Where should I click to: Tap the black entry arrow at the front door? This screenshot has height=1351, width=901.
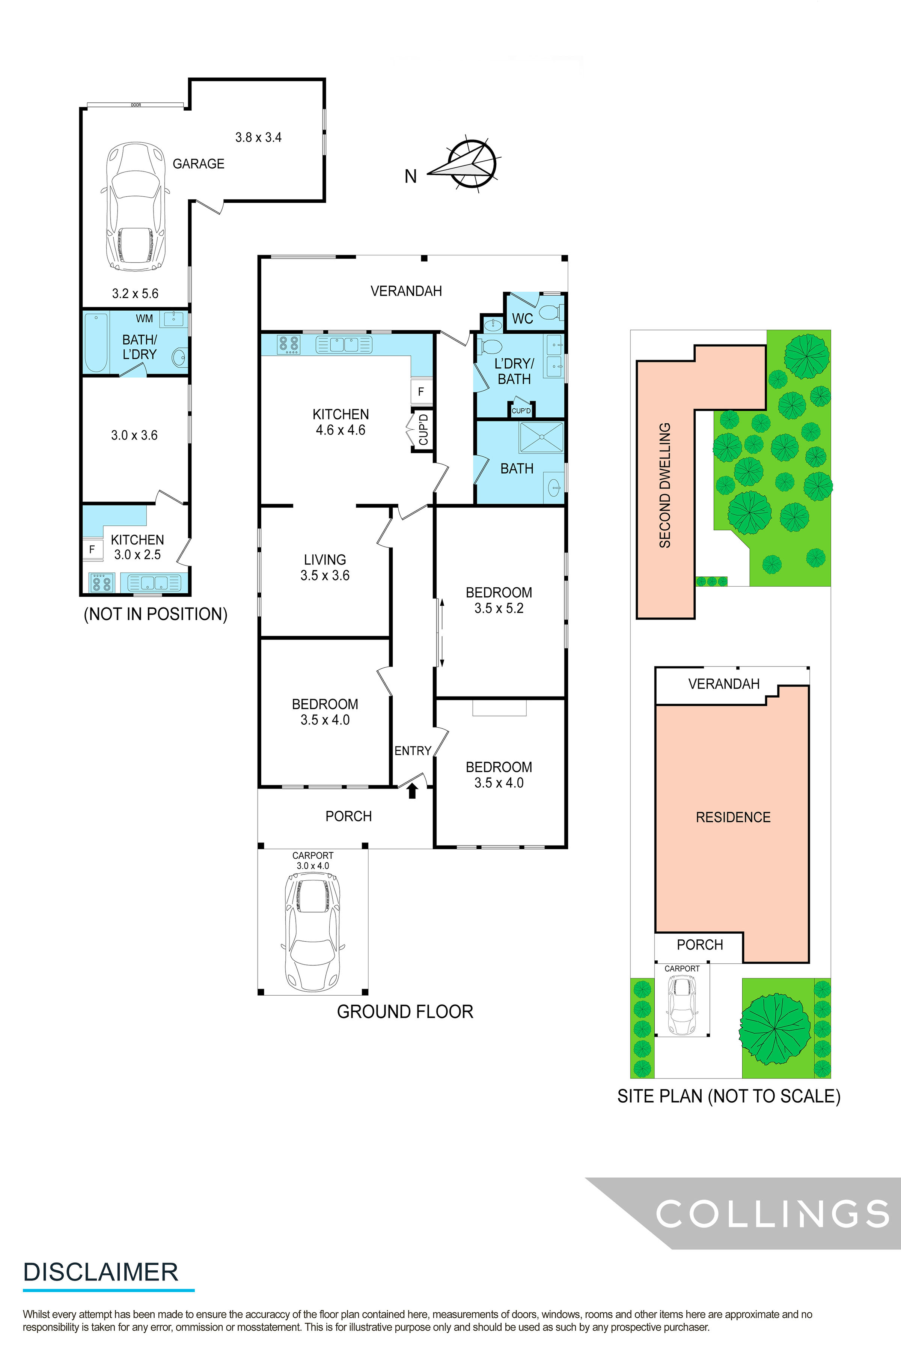412,791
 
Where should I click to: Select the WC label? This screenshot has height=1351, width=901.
522,318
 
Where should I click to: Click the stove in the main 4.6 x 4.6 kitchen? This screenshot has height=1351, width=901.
288,344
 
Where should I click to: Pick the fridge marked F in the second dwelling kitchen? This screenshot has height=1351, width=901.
92,550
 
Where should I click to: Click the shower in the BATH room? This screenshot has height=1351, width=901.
541,438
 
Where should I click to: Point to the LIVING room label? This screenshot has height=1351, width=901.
325,560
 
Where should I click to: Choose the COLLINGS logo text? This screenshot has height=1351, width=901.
772,1213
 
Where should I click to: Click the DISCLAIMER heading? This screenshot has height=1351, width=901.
101,1272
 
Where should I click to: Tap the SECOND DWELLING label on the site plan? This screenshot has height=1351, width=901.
665,485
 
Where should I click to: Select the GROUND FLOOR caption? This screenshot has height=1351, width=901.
405,1011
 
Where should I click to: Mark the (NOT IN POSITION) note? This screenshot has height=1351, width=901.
156,614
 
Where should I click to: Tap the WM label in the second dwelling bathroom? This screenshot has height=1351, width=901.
144,318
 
